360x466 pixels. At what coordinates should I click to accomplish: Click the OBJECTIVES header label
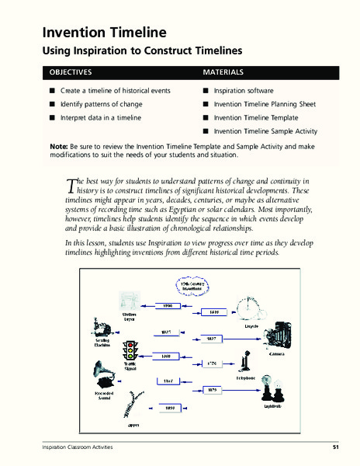71,72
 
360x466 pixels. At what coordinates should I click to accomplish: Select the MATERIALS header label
223,72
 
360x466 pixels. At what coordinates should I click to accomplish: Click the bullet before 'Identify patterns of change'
52,104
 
